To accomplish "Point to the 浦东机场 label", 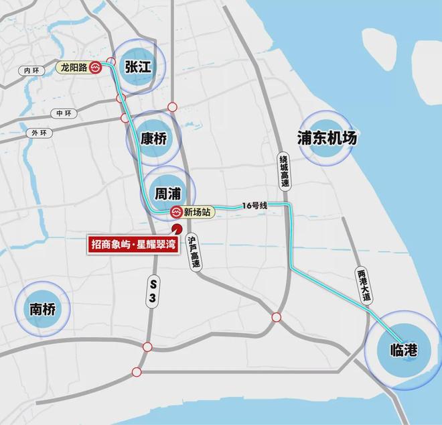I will pos(327,138).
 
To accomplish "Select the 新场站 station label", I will pos(198,213).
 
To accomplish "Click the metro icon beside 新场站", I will pos(175,213).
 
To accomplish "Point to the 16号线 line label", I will pos(255,205).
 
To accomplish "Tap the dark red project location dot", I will pos(176,231).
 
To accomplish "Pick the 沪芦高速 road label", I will pos(194,253).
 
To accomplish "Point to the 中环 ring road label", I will pos(64,113).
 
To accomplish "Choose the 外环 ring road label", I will pos(40,133).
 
